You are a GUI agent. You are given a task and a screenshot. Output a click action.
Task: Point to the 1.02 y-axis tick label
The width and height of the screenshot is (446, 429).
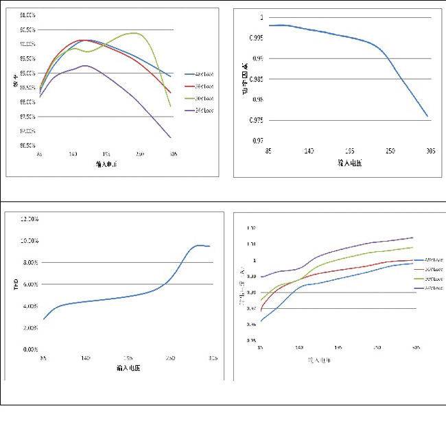[251, 228]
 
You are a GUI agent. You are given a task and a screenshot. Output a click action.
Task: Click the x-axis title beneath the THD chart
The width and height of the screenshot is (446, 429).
[128, 369]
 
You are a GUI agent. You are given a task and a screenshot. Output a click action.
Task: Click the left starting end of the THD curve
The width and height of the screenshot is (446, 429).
[44, 319]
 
